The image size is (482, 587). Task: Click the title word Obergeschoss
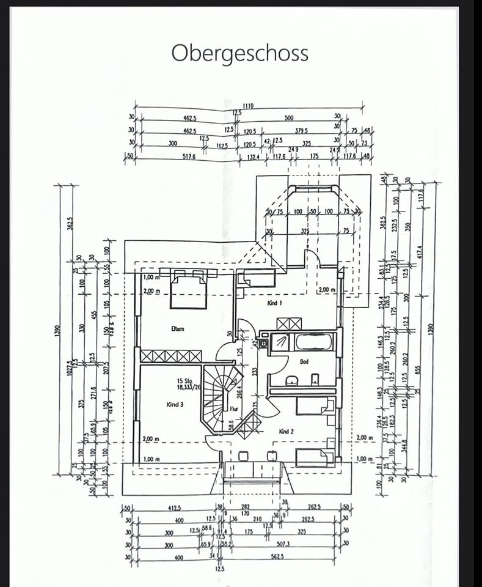(x=239, y=53)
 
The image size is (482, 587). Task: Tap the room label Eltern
(x=178, y=328)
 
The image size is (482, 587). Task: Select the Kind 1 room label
(x=274, y=303)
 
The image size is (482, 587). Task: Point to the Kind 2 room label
(x=287, y=431)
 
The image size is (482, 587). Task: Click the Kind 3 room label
(x=175, y=404)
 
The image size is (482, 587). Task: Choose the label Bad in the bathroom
(x=304, y=361)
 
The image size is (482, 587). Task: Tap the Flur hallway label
(x=233, y=409)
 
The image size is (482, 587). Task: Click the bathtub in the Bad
(x=315, y=341)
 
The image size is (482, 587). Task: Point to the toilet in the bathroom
(x=315, y=380)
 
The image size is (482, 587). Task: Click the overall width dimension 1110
(x=247, y=106)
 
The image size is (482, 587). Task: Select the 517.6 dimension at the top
(x=188, y=157)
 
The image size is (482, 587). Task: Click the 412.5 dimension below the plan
(x=174, y=508)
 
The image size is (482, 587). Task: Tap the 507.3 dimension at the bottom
(x=282, y=544)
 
